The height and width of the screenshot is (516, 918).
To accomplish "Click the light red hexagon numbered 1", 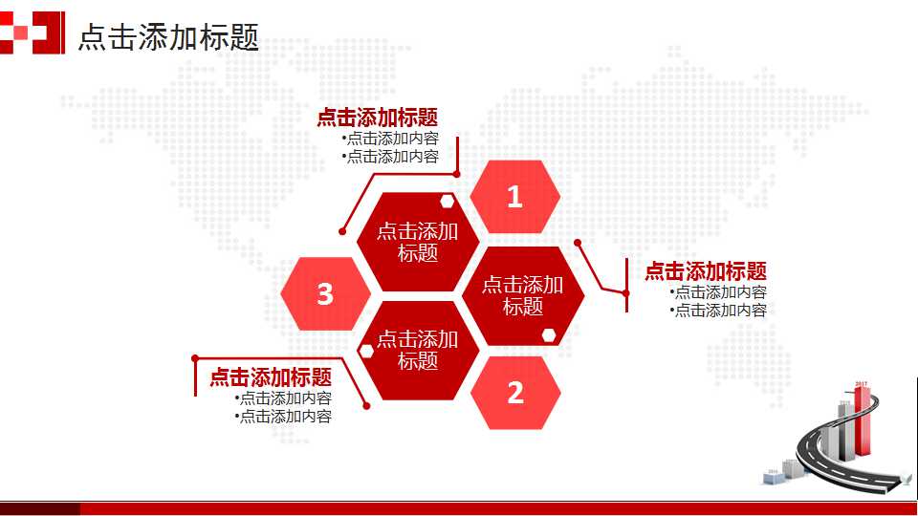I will pos(515,197).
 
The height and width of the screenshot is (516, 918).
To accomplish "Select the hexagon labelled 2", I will pos(515,393).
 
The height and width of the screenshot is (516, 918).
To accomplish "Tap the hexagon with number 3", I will pos(325,294).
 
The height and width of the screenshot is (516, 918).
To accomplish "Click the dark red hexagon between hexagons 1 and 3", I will pos(417,242).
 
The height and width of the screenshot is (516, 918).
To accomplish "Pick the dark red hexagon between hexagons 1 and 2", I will pos(522,295).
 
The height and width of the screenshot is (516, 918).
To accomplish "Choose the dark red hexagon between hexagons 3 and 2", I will pos(417,350).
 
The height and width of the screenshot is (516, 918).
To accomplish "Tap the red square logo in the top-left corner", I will pos(33,32).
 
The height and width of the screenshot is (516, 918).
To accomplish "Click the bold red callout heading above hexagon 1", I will pos(377,118).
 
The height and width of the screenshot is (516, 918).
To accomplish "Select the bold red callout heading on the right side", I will pos(705,271).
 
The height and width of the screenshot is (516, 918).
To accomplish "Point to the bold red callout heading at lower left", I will pos(271,377).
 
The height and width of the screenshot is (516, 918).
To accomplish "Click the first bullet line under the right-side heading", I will pos(719,292).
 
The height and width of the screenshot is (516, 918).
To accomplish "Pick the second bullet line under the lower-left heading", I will pos(284,416).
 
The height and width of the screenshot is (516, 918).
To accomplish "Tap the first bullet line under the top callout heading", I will pos(391,138).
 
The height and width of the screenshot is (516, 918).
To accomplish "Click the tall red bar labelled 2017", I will pos(863,420).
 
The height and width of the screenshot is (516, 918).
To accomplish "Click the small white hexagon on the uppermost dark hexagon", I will pos(448,201).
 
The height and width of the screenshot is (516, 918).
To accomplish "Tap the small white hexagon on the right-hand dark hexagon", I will pos(550,334).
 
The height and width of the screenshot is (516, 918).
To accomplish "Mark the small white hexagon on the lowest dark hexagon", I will pos(365,351).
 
